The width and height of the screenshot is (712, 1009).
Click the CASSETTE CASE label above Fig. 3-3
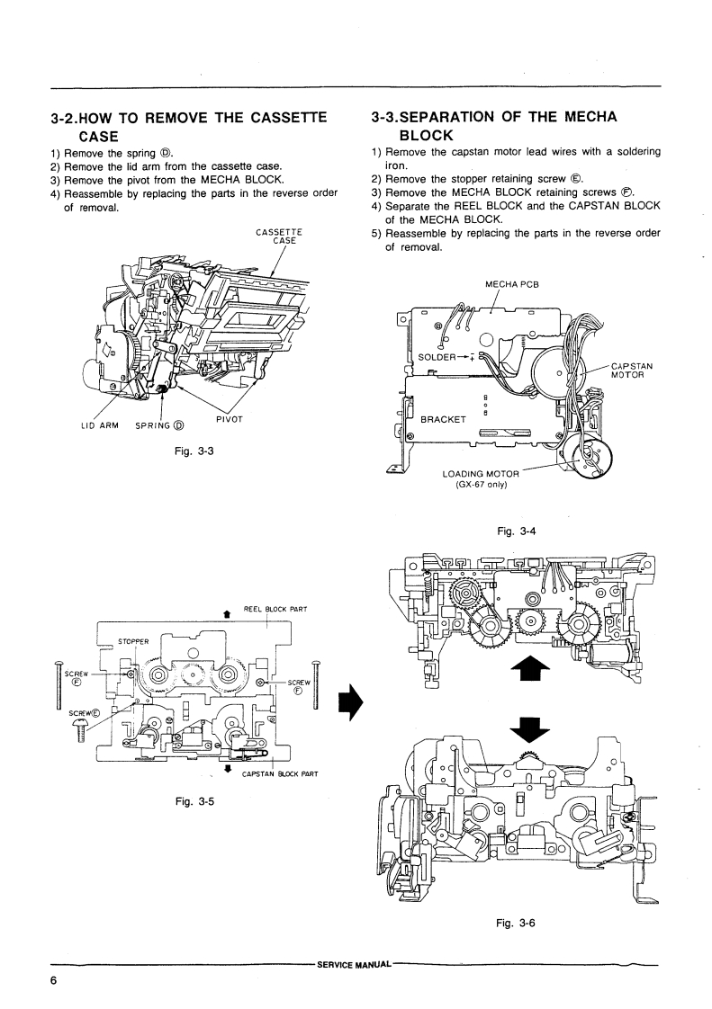tap(279, 237)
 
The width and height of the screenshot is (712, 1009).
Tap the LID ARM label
tap(100, 425)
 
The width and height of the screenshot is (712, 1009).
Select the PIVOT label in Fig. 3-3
tap(228, 419)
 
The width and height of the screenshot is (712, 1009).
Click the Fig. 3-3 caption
tap(194, 451)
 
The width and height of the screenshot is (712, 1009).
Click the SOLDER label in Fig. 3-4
tap(437, 358)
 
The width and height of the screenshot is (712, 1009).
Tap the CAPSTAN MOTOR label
tap(632, 370)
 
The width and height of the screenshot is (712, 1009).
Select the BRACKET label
tap(443, 420)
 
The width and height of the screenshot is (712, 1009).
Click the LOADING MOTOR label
tap(481, 474)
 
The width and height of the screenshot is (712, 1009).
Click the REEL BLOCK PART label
tap(275, 608)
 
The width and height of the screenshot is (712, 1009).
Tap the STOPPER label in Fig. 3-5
tap(133, 641)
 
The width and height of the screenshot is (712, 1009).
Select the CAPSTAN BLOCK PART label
tap(280, 774)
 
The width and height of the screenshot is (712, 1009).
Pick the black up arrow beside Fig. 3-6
tap(530, 670)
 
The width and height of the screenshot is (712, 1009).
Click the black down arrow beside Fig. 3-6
tap(529, 728)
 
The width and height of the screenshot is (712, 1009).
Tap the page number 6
tap(53, 981)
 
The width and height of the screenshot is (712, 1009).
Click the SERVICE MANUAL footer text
tap(355, 965)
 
